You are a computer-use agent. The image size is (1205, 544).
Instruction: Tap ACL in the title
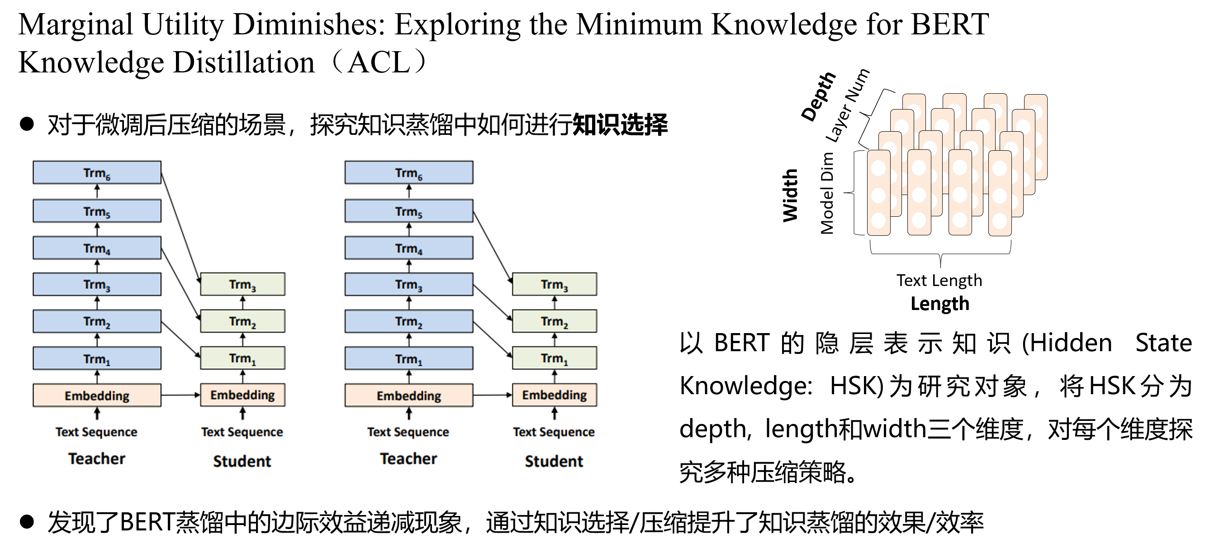tap(379, 62)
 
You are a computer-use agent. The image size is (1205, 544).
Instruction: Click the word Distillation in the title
tap(244, 62)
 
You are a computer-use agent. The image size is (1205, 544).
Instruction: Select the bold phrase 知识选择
tap(620, 124)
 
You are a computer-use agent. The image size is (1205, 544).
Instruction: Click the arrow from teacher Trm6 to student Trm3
tap(180, 228)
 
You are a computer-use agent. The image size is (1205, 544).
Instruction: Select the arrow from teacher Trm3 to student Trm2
tap(493, 302)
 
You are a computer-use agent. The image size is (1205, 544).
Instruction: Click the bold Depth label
tap(818, 96)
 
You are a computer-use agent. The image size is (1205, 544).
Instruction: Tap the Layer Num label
tap(847, 106)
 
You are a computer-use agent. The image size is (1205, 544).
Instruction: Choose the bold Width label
tap(790, 195)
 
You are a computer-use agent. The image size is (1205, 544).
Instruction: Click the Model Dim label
tap(827, 193)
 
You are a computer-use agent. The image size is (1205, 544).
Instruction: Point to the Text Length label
tap(939, 280)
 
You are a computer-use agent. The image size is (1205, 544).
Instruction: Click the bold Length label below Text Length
tap(939, 303)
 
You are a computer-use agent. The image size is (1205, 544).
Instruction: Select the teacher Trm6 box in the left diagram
tap(97, 173)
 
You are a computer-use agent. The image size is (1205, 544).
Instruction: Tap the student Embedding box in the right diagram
tap(554, 395)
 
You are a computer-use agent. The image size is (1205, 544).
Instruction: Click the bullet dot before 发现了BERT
tap(27, 521)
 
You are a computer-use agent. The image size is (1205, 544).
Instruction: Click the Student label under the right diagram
tap(554, 461)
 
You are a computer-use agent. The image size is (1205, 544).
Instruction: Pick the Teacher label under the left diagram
tap(97, 458)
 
